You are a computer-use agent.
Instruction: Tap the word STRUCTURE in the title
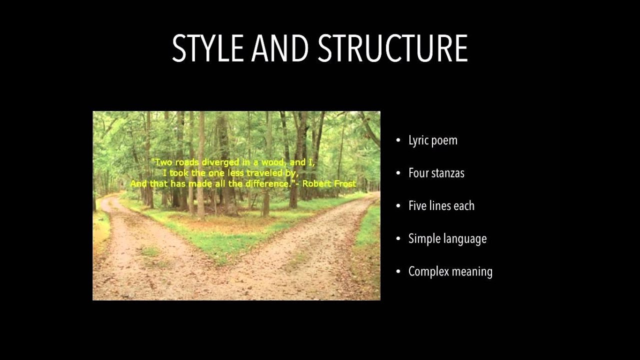(x=392, y=48)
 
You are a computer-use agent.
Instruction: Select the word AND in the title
(x=281, y=48)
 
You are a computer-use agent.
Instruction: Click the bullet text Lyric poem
(x=433, y=140)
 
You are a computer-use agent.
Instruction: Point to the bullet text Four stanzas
(x=436, y=173)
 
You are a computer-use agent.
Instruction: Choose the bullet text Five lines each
(x=441, y=205)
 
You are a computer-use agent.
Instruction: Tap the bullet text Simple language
(x=447, y=238)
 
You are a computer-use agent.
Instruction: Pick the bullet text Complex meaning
(x=450, y=271)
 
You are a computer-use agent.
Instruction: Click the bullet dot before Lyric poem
(x=398, y=140)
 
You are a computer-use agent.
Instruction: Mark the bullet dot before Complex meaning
(x=398, y=271)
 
